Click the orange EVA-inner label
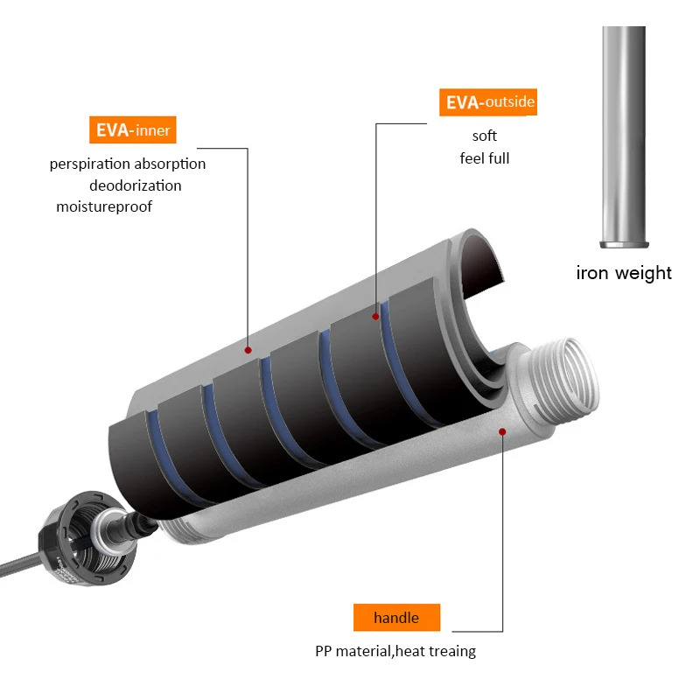[x=132, y=130]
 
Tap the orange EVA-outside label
[x=487, y=102]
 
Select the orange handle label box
[x=396, y=618]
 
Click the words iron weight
[x=624, y=272]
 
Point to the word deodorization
[x=135, y=185]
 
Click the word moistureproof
[x=104, y=206]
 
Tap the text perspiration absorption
[x=128, y=164]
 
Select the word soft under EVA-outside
[x=484, y=136]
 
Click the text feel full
[x=484, y=158]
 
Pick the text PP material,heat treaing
[x=395, y=652]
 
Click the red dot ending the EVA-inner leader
[x=248, y=349]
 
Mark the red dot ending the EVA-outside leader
[x=376, y=316]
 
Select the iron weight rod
[x=625, y=131]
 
